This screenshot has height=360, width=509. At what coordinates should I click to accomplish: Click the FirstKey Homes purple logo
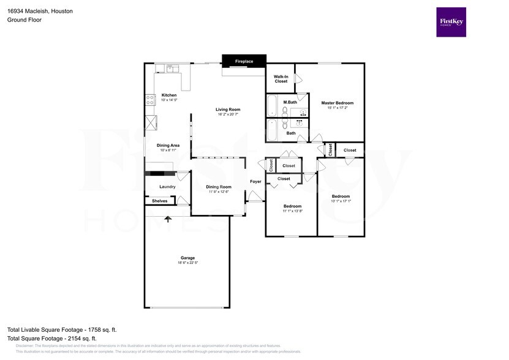450,22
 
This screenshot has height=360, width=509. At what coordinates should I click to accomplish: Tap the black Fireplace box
244,61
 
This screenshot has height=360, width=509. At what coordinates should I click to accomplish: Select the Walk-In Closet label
281,78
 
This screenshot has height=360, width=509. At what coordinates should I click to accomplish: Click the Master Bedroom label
337,103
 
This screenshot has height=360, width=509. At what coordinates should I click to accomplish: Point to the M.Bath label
290,102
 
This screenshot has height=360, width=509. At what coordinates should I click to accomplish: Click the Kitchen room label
168,95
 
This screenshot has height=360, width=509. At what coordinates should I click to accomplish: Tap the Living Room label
227,110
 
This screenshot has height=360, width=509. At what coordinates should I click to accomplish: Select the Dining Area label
168,145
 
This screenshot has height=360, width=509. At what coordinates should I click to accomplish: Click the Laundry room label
167,187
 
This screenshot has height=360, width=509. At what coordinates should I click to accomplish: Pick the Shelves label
159,201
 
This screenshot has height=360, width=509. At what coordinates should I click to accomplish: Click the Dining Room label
218,187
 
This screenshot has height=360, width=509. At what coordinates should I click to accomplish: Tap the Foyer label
255,181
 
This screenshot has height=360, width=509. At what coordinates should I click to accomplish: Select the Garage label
187,258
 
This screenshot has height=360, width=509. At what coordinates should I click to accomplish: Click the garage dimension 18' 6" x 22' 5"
187,263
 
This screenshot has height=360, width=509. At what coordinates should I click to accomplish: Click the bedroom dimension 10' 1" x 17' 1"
340,201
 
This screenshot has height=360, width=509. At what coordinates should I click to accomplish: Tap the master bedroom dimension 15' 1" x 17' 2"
337,108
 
